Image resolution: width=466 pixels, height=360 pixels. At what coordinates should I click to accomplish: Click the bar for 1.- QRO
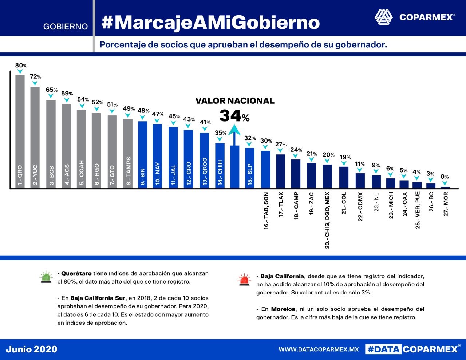[20, 131]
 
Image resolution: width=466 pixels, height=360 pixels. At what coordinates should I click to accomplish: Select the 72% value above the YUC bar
[35, 77]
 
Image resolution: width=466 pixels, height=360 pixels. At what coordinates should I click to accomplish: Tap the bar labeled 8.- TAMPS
[128, 153]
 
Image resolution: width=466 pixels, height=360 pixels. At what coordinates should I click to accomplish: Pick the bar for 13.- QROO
[204, 160]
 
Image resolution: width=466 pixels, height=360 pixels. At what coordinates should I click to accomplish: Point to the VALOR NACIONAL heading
[235, 101]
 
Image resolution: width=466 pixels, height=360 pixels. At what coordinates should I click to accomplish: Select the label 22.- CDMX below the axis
[360, 206]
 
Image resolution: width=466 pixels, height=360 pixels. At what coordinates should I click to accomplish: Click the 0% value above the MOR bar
[445, 177]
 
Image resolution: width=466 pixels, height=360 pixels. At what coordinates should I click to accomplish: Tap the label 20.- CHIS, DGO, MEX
[327, 220]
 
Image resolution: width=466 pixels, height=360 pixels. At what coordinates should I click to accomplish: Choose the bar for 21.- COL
[344, 177]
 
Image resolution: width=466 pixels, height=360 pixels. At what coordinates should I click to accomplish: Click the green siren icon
[46, 277]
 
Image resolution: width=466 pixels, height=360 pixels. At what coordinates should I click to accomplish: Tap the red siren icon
[244, 280]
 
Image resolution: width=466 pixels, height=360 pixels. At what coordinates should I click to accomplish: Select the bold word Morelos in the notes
[283, 309]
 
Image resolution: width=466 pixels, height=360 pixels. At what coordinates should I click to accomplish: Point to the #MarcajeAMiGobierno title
[210, 22]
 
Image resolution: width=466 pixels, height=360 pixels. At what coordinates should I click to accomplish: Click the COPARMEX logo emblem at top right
[384, 17]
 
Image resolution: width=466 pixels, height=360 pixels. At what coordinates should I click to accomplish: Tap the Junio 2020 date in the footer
[32, 349]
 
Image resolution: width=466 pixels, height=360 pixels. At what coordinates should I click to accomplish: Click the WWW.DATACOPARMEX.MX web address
[319, 349]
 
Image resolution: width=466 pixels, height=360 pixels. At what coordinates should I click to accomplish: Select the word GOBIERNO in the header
[66, 27]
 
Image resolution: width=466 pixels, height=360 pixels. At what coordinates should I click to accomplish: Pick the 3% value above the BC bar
[430, 174]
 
